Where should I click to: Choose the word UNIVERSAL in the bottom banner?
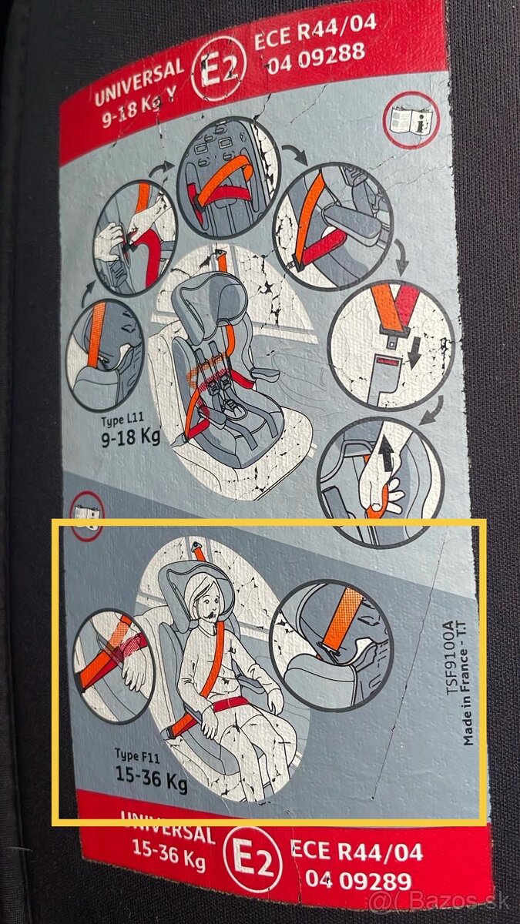click(x=168, y=832)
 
